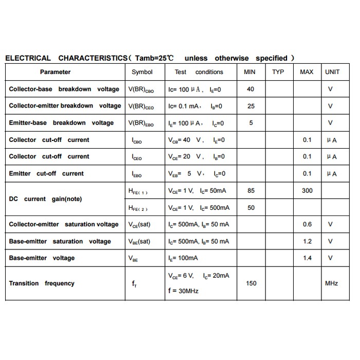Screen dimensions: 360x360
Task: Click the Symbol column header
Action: click(x=142, y=72)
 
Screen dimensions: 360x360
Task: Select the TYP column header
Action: click(x=278, y=72)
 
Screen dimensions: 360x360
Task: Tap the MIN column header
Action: click(x=249, y=72)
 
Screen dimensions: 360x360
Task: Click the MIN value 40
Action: click(x=250, y=89)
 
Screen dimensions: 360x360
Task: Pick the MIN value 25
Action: click(x=251, y=106)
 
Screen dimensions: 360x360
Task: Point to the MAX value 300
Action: click(x=307, y=191)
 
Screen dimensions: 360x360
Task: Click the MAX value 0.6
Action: click(x=307, y=224)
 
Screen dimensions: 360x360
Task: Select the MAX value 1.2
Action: click(x=307, y=241)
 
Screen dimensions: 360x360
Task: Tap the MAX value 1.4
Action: click(x=307, y=258)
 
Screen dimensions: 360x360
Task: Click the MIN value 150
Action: click(x=251, y=283)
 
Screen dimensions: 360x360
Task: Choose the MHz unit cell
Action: click(x=332, y=283)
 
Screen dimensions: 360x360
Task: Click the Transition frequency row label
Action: click(x=42, y=283)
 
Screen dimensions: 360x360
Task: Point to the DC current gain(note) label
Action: click(x=45, y=199)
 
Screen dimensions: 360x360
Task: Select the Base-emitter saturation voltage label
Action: click(x=60, y=241)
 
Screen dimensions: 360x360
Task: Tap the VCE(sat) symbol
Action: click(x=139, y=224)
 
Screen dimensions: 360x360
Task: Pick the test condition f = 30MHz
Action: click(x=183, y=291)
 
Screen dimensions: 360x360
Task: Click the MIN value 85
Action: click(x=251, y=191)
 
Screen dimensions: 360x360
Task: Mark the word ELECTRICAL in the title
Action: click(x=28, y=58)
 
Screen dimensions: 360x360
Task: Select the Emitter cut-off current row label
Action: click(x=46, y=173)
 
